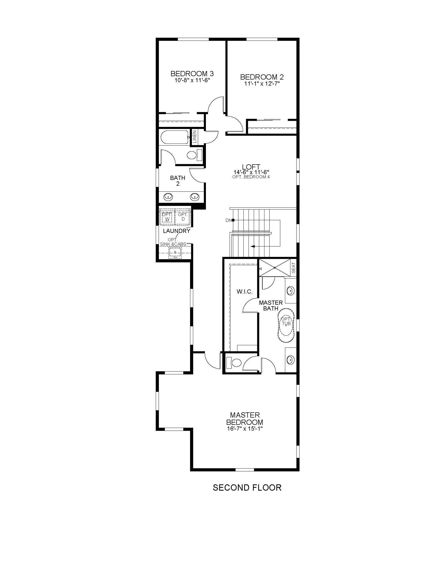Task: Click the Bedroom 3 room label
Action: tap(192, 74)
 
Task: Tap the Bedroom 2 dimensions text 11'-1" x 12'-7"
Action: tap(262, 84)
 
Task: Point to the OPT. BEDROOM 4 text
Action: tap(251, 177)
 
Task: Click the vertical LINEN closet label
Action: tap(194, 136)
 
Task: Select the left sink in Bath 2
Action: tap(168, 196)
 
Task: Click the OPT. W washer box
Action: tap(167, 216)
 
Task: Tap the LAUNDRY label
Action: tap(177, 231)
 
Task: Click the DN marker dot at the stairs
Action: tap(233, 220)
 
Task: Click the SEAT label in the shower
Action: tap(294, 267)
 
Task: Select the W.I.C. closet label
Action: tap(244, 291)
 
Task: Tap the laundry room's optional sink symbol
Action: tap(175, 252)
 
